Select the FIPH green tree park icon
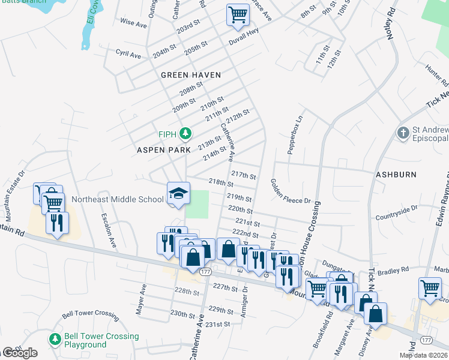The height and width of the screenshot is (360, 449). click(187, 133)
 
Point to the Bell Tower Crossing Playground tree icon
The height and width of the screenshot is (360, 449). click(55, 340)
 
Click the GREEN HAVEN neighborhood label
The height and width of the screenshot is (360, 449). click(191, 75)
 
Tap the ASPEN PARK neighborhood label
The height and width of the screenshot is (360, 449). click(163, 149)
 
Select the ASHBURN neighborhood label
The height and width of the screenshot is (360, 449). click(396, 175)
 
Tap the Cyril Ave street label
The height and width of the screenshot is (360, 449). click(128, 55)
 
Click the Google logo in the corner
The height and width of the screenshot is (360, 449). click(20, 353)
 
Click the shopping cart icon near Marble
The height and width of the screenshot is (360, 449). click(430, 289)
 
